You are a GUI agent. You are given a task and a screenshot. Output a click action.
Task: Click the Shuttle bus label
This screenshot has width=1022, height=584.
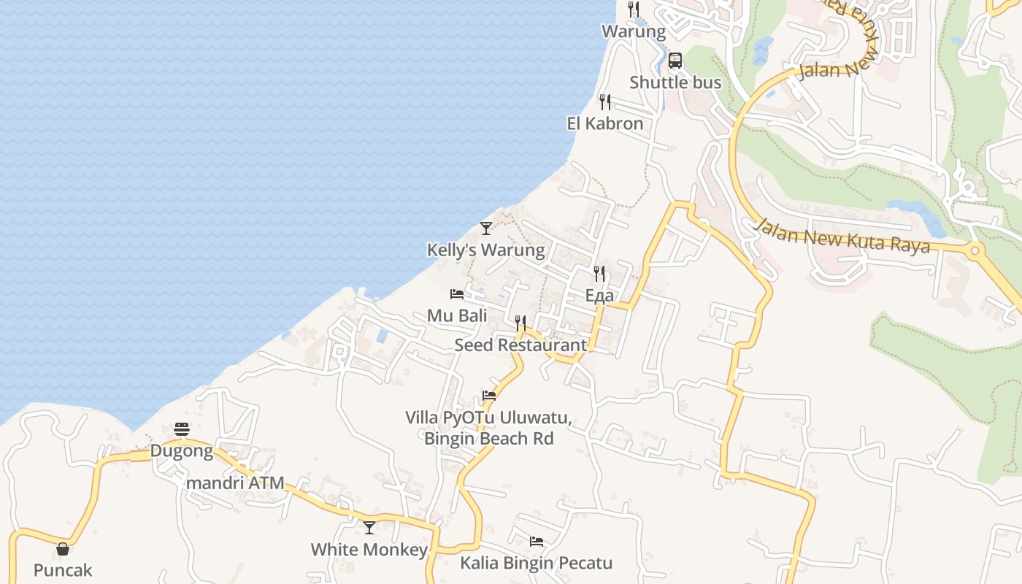(x=675, y=82)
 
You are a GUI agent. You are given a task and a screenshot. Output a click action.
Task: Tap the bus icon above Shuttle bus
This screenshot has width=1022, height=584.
(x=675, y=61)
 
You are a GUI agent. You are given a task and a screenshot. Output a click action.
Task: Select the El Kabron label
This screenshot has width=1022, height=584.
(x=605, y=123)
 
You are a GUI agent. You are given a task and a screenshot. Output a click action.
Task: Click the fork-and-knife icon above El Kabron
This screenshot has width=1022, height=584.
(x=605, y=101)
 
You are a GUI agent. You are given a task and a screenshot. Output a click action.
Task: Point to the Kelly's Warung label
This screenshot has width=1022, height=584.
(x=485, y=250)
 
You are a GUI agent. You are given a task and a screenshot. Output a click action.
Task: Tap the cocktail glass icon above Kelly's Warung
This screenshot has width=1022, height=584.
(x=486, y=228)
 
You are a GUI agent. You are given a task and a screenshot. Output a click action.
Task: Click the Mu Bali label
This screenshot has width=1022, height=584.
(x=457, y=316)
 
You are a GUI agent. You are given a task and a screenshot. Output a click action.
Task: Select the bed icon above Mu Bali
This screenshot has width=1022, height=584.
(x=457, y=294)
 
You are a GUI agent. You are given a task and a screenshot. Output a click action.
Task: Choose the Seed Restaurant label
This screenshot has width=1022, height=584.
(x=520, y=345)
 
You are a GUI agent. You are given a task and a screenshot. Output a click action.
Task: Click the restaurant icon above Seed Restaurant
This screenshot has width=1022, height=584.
(x=520, y=323)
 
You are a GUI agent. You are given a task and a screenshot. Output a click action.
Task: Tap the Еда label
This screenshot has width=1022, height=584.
(x=599, y=296)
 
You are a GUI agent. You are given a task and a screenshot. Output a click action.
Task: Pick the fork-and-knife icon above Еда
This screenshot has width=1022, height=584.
(x=599, y=274)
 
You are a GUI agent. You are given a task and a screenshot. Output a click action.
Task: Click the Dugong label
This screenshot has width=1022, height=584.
(x=182, y=451)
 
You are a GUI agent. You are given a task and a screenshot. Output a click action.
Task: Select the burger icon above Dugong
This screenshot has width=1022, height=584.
(x=182, y=429)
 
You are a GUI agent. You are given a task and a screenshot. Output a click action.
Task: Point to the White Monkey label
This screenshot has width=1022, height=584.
(x=369, y=550)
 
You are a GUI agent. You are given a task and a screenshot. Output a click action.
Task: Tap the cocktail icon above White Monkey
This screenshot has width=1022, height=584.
(x=369, y=527)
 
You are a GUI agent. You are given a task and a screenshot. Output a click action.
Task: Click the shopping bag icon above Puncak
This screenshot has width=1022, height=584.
(x=63, y=549)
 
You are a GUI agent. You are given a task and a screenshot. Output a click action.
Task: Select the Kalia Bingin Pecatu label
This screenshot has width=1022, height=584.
(x=536, y=564)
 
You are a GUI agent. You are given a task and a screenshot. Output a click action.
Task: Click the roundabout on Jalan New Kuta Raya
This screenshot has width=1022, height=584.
(x=975, y=251)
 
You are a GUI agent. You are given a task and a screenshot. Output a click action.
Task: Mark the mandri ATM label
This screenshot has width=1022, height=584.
(x=235, y=483)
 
